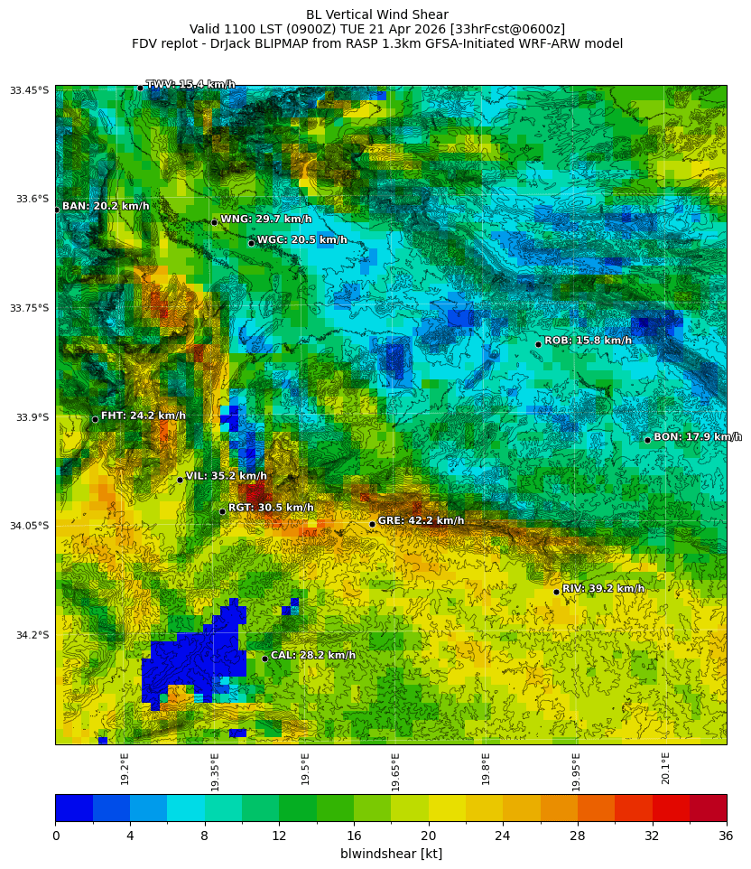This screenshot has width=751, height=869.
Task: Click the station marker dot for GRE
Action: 372,524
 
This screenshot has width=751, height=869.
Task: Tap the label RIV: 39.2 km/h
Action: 603,589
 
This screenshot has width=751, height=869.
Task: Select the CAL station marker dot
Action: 264,659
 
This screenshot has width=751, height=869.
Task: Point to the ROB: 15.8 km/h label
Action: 588,341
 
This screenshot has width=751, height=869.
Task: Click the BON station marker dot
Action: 647,440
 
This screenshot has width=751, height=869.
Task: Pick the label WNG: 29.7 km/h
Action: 265,220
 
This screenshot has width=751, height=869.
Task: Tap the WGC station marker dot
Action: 251,243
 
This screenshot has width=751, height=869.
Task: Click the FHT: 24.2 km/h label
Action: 143,416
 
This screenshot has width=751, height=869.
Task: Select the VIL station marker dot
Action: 180,480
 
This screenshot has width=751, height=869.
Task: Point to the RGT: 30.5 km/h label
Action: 271,509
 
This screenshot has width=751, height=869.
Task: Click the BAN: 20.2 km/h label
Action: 106,207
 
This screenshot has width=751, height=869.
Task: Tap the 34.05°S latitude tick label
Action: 30,526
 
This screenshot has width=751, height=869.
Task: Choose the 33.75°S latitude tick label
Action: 30,308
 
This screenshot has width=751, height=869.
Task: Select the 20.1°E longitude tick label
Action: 666,769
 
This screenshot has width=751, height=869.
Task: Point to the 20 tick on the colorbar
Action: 428,836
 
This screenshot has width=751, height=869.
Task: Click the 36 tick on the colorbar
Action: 726,836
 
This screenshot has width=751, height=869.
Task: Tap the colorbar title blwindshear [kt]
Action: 391,854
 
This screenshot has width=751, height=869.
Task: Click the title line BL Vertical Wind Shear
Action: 376,14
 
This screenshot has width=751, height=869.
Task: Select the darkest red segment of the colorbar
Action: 708,808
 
